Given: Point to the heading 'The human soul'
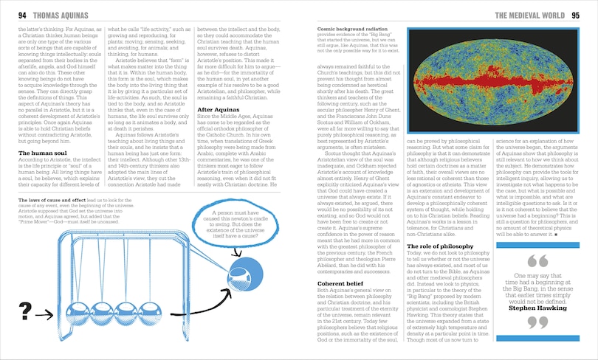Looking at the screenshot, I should [44, 153].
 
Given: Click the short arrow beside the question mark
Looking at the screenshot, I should [44, 315].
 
